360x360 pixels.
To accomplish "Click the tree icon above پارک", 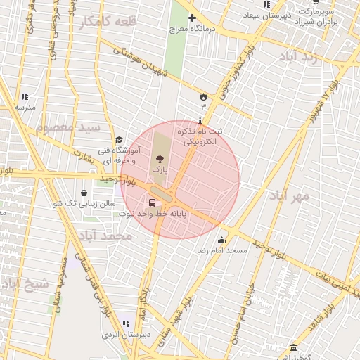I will point(157,159).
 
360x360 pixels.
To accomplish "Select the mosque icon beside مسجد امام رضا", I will point(222,240).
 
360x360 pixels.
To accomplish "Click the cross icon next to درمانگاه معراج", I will point(191,18).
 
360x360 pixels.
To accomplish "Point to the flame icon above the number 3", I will point(203,95).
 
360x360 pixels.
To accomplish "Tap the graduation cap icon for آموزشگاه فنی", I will point(119,140).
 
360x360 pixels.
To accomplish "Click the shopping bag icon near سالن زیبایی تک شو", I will point(84,193).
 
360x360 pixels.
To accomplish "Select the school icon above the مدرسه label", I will point(25,96).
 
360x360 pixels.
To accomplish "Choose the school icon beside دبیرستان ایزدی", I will point(125,323).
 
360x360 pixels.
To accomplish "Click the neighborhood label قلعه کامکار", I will point(108,22).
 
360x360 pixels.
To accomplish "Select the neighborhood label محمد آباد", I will point(106,236).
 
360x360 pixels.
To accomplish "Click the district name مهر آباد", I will point(289,196).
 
